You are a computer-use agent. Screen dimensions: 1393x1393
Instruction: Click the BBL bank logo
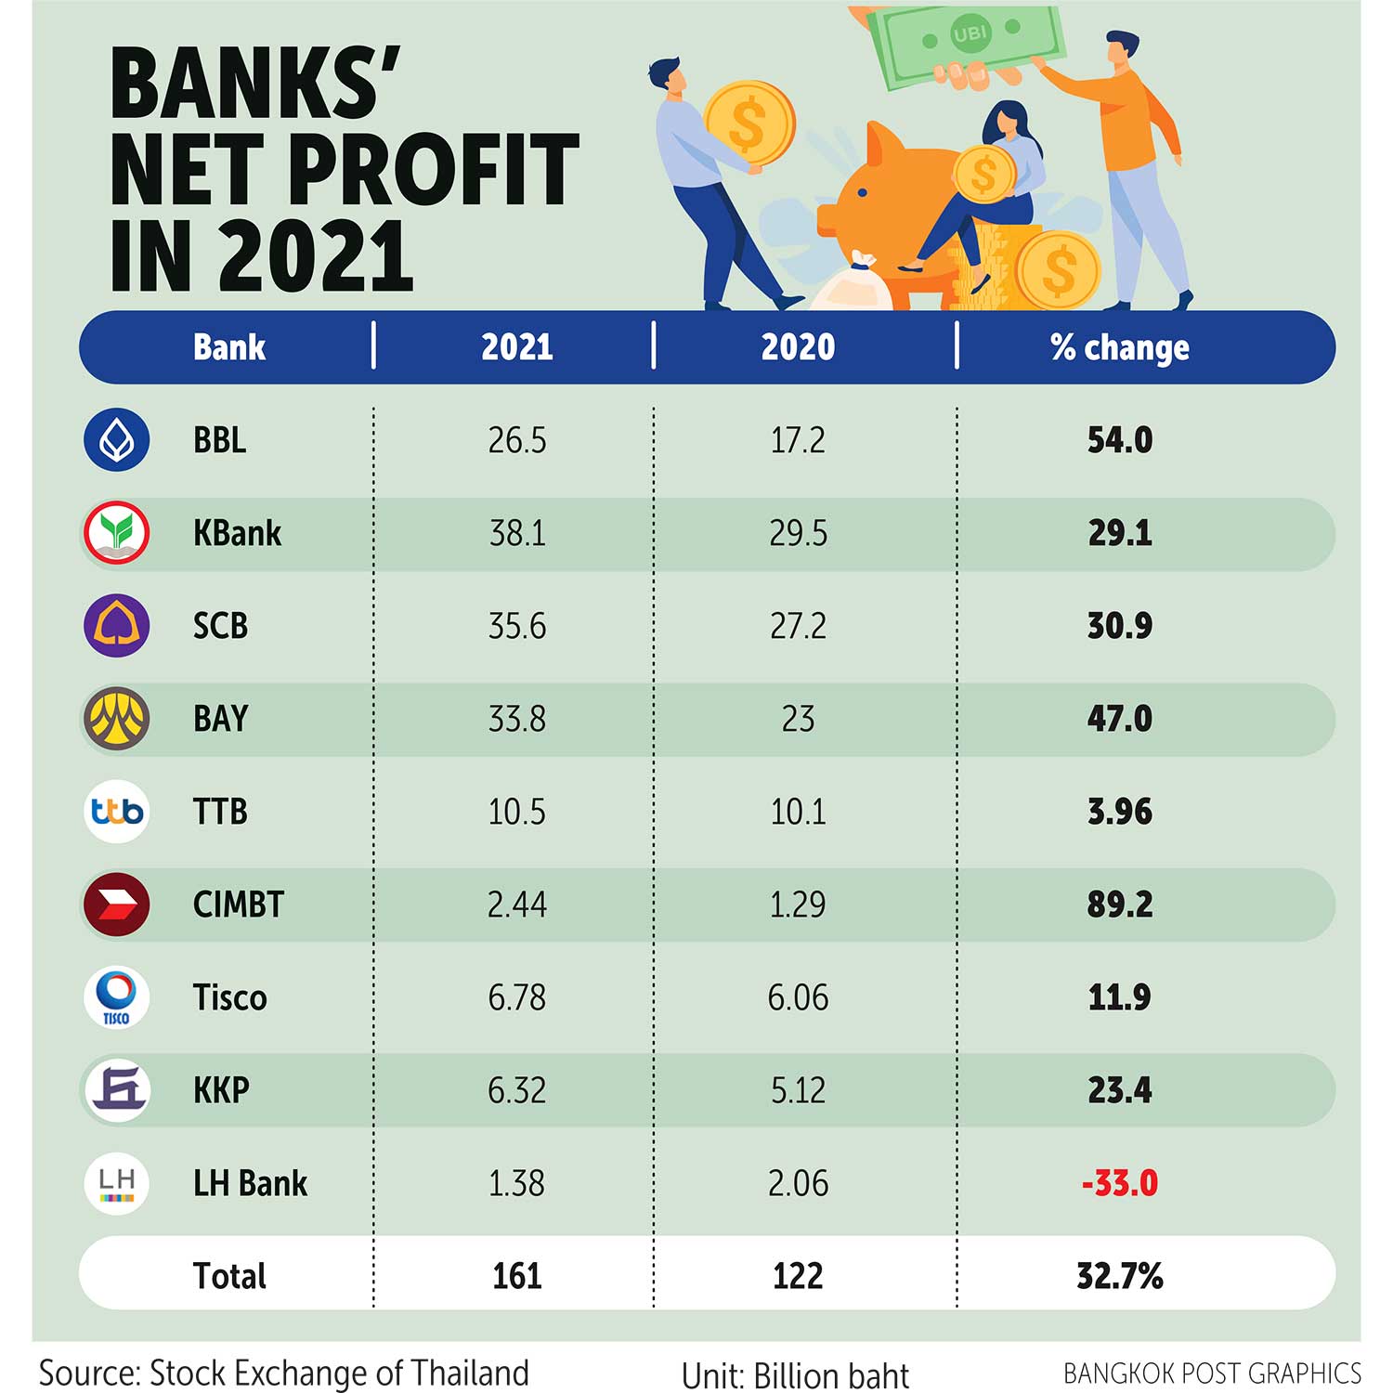116,439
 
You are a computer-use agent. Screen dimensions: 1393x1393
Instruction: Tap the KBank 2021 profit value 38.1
517,533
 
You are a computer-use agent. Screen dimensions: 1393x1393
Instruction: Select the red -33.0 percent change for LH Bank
1119,1183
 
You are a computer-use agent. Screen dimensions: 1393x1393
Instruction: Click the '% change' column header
1119,347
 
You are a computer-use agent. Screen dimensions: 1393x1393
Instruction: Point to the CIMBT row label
238,905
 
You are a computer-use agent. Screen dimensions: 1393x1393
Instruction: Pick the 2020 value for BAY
798,719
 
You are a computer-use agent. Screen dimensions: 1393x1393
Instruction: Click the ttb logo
116,812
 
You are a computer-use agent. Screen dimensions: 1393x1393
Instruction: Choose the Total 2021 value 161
517,1276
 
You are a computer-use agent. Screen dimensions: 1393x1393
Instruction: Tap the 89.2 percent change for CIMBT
1119,905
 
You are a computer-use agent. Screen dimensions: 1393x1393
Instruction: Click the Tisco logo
116,997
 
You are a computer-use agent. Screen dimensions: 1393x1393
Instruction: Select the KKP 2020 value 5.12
798,1090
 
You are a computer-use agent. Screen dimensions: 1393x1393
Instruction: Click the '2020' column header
798,347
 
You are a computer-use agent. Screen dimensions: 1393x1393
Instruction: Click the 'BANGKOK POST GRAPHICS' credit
1212,1373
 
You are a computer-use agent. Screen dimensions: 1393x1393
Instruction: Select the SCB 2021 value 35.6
517,626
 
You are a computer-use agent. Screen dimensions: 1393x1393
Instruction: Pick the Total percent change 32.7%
1119,1276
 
